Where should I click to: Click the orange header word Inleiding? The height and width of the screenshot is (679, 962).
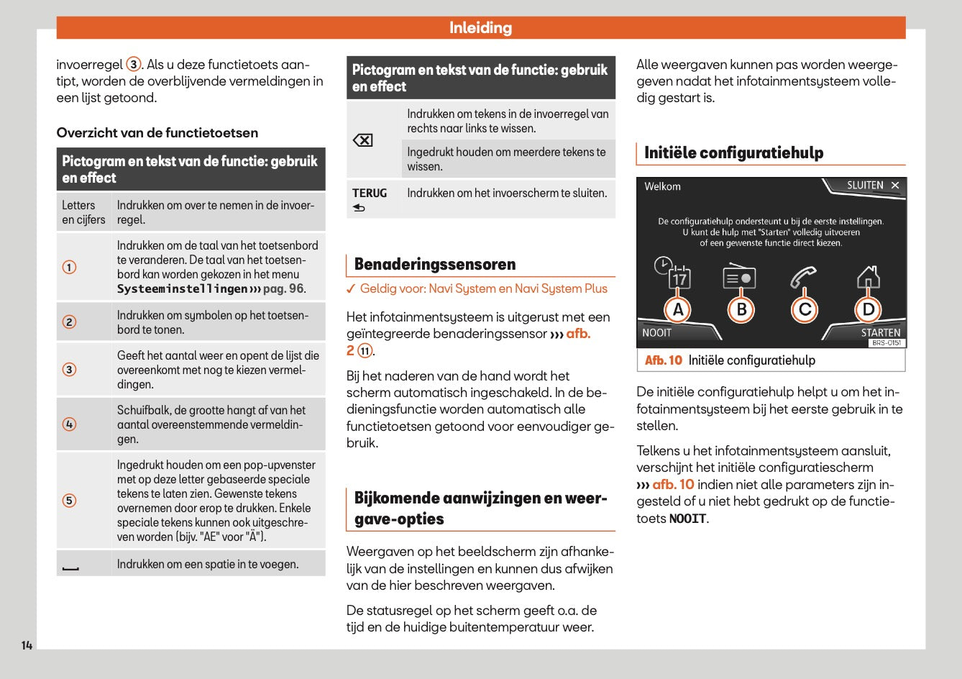[x=480, y=28]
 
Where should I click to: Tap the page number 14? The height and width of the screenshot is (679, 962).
[x=27, y=645]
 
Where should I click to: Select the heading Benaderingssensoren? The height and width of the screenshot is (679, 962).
[x=435, y=265]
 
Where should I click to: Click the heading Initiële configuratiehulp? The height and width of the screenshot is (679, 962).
[x=733, y=153]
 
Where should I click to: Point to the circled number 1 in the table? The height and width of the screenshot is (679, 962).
[x=70, y=268]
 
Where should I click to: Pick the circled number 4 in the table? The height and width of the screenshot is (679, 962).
[x=70, y=424]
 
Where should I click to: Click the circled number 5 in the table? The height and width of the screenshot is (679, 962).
[x=70, y=501]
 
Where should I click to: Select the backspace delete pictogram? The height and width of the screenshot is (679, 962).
[x=363, y=140]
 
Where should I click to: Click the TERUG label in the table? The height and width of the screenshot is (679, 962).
[x=370, y=193]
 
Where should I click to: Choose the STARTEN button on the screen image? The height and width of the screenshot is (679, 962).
[x=880, y=332]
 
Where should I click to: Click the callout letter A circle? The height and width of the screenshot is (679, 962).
[x=678, y=310]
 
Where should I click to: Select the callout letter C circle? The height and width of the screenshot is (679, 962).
[x=805, y=310]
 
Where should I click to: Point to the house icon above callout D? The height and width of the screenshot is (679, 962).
[x=869, y=276]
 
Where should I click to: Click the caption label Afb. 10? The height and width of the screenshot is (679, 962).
[x=663, y=360]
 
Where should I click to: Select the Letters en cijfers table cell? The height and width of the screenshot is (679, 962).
[x=83, y=212]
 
